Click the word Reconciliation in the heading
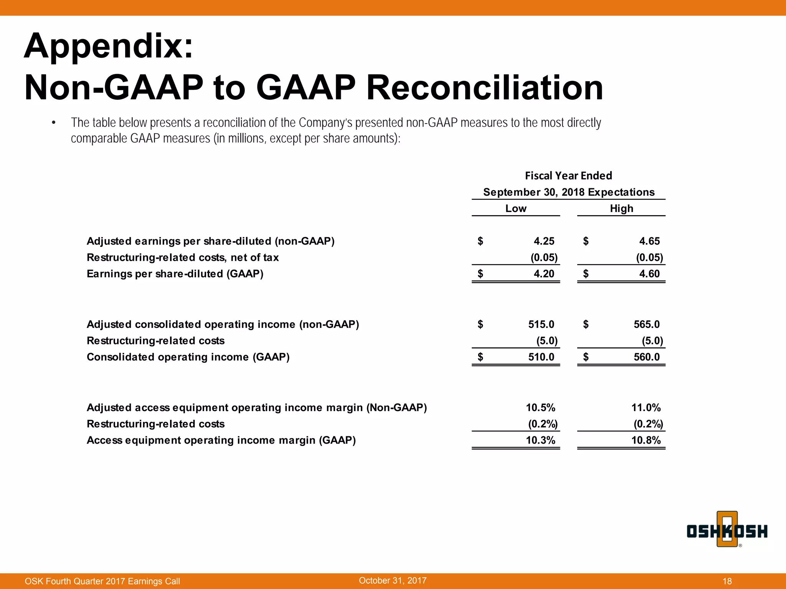click(484, 88)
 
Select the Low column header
click(515, 209)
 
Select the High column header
click(621, 209)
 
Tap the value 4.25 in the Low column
click(544, 241)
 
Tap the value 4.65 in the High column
click(649, 241)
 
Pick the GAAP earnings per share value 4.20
click(544, 274)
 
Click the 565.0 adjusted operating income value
click(646, 324)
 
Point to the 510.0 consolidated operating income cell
click(541, 357)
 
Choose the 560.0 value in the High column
click(646, 357)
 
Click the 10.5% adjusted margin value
click(540, 408)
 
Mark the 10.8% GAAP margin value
click(646, 440)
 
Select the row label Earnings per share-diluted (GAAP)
click(175, 274)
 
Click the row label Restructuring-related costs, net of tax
click(183, 257)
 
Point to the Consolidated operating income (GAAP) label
click(188, 357)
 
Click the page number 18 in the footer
click(727, 581)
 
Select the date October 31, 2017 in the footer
click(393, 581)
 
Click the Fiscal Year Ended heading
click(568, 176)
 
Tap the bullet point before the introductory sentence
click(54, 123)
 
